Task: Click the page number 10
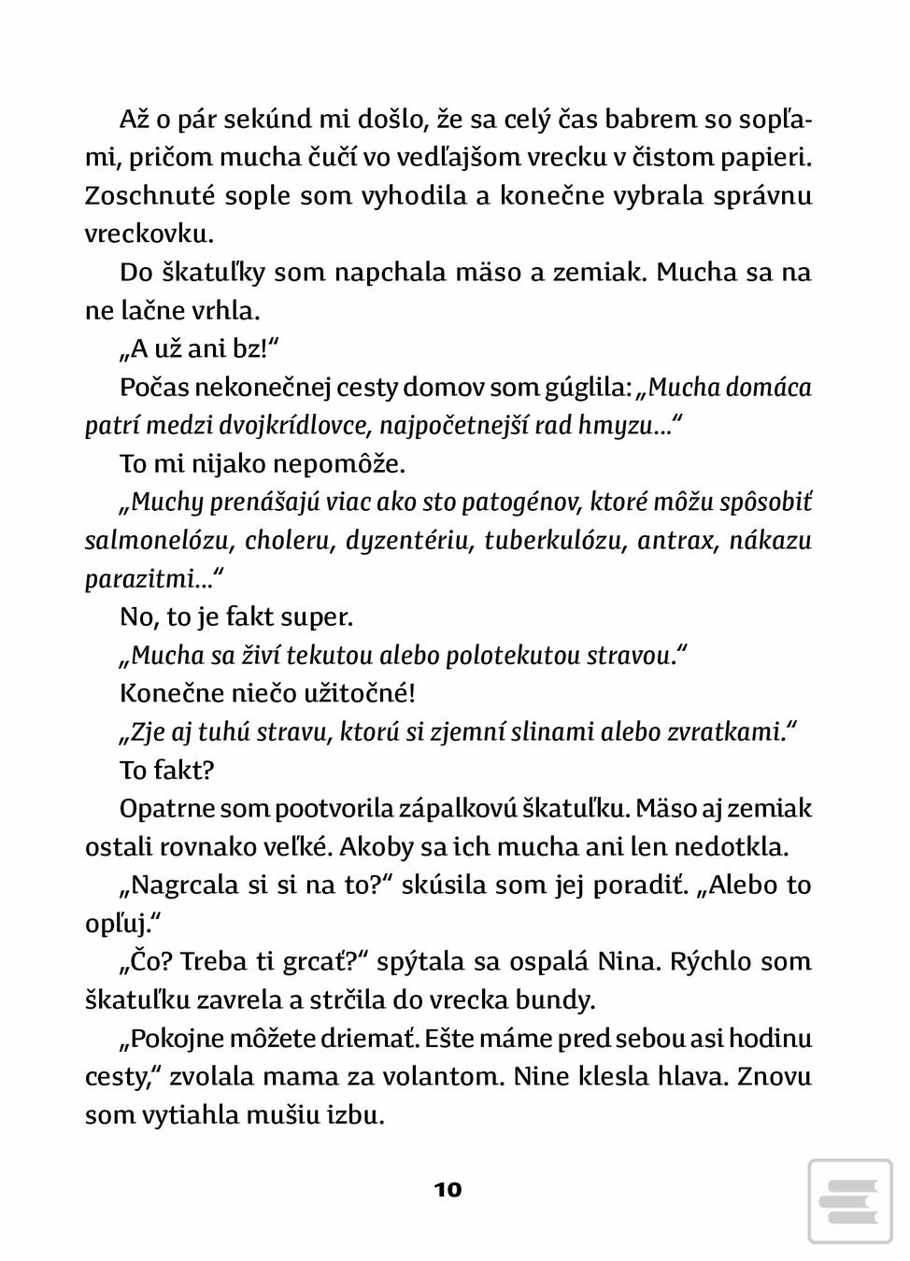click(x=448, y=1189)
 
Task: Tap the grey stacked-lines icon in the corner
click(x=850, y=1201)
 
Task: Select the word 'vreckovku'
click(x=148, y=234)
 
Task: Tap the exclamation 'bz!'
click(x=252, y=349)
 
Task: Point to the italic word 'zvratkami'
click(x=727, y=732)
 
